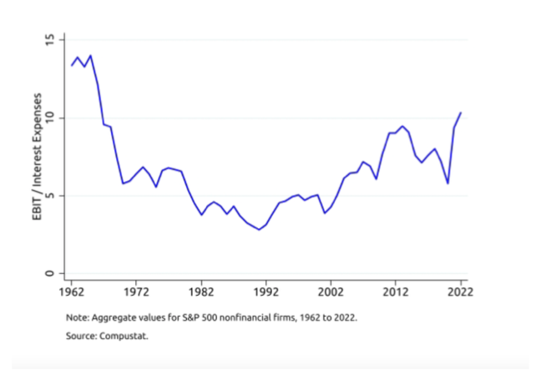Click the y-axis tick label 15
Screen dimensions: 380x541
pyautogui.click(x=50, y=40)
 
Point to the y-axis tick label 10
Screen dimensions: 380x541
pyautogui.click(x=50, y=117)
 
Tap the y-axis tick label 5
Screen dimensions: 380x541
pyautogui.click(x=50, y=196)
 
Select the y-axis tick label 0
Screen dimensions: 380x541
pyautogui.click(x=50, y=273)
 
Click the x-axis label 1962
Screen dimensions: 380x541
pyautogui.click(x=71, y=292)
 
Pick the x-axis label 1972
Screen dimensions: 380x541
pyautogui.click(x=136, y=292)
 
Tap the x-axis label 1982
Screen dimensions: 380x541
pyautogui.click(x=201, y=292)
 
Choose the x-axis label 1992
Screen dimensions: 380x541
pyautogui.click(x=266, y=292)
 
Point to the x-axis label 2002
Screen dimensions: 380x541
pyautogui.click(x=331, y=292)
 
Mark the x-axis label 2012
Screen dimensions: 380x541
pyautogui.click(x=396, y=292)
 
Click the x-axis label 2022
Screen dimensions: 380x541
pyautogui.click(x=460, y=292)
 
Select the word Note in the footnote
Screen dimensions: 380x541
pyautogui.click(x=76, y=317)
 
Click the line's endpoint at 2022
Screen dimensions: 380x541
pyautogui.click(x=461, y=112)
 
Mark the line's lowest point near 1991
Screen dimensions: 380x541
pyautogui.click(x=260, y=229)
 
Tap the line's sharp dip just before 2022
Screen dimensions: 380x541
pyautogui.click(x=447, y=183)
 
